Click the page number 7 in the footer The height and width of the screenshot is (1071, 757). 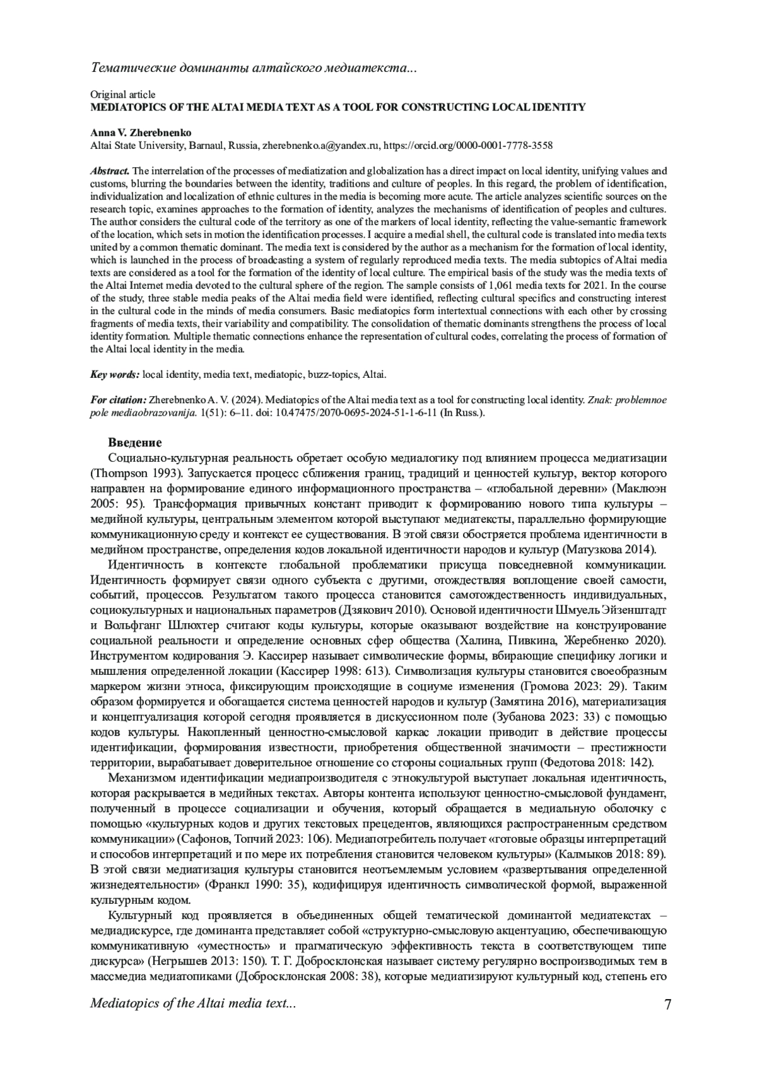point(667,1004)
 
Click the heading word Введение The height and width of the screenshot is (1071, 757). point(134,443)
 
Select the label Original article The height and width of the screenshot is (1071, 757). point(123,95)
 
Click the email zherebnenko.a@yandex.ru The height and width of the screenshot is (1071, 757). point(320,146)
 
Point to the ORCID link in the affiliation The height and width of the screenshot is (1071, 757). point(468,146)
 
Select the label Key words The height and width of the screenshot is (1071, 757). point(115,375)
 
